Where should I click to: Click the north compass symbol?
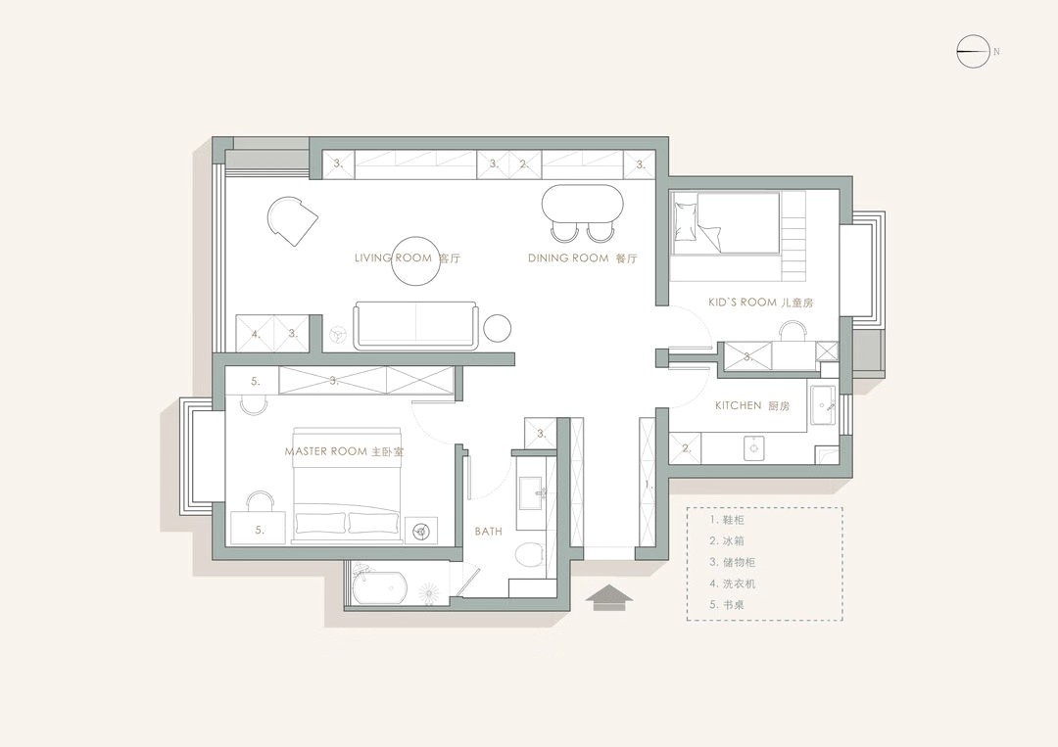click(x=973, y=51)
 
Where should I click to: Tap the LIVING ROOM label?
click(x=408, y=258)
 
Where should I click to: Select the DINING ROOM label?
click(x=582, y=258)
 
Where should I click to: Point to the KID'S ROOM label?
click(x=760, y=303)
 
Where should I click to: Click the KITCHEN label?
click(x=751, y=406)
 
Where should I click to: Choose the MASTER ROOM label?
click(x=344, y=451)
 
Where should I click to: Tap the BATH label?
click(x=488, y=532)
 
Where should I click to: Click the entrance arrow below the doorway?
click(x=608, y=596)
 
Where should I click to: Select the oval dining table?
click(x=582, y=203)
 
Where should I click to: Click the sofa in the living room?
click(x=417, y=326)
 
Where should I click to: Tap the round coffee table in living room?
click(x=413, y=261)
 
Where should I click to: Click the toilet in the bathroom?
click(x=529, y=555)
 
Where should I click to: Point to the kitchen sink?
click(x=823, y=406)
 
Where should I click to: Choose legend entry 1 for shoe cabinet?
click(x=727, y=520)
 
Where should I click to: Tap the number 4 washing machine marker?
click(x=255, y=334)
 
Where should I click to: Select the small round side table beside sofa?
click(x=498, y=328)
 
